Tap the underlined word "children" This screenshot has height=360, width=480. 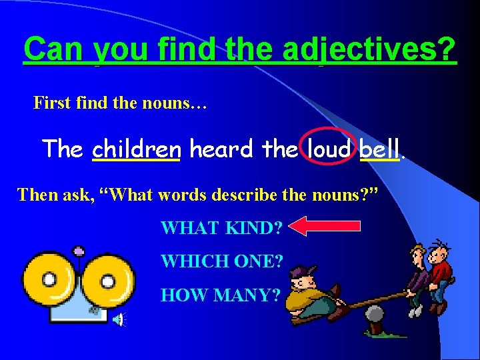tap(136, 148)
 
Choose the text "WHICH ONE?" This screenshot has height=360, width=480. tap(222, 261)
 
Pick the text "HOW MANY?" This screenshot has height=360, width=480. tap(220, 295)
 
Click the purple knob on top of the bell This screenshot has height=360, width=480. tap(79, 252)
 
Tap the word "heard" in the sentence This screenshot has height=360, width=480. tap(221, 148)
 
